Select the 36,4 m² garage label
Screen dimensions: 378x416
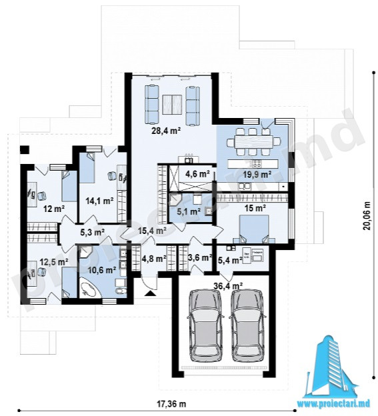(228, 286)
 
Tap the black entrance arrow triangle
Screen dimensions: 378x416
(150, 293)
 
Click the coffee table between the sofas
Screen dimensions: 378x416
(172, 103)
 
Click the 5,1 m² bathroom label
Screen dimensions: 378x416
(189, 212)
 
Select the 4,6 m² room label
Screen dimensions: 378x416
(197, 174)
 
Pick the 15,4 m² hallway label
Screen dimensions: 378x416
(153, 231)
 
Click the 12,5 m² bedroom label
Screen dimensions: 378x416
(54, 262)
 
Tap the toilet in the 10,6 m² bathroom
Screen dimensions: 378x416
(121, 291)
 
